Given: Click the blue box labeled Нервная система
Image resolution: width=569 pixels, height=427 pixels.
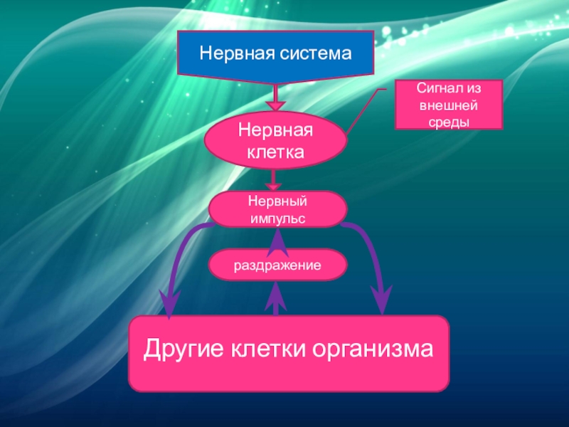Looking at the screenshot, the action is [276, 54].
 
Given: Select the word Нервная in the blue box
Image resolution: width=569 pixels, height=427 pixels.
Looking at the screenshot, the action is [232, 53].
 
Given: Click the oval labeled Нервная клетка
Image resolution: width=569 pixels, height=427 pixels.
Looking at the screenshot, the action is [275, 141].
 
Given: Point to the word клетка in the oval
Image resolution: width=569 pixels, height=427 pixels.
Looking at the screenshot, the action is [275, 152].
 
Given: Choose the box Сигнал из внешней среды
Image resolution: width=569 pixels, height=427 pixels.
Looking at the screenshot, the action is [449, 104].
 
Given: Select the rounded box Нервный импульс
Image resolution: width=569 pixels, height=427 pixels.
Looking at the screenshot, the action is [277, 209].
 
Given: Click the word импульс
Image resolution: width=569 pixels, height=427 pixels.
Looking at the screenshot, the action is [277, 218].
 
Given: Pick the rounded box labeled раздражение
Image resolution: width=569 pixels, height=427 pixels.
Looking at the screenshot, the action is [277, 265].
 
